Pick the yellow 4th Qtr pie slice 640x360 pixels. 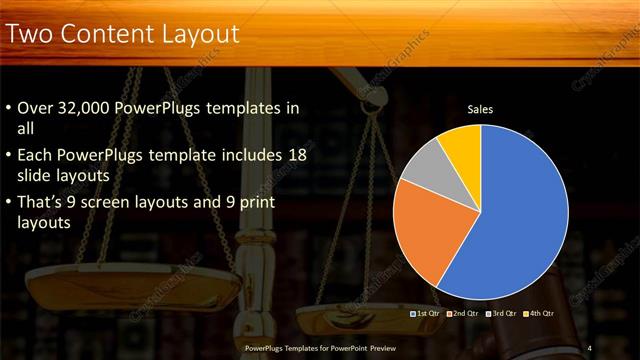[x=462, y=143]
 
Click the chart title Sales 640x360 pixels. [x=481, y=110]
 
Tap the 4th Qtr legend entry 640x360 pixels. [x=538, y=313]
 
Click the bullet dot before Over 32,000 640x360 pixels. [x=10, y=108]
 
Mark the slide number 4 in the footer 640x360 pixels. [x=590, y=347]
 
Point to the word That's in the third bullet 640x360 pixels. [x=40, y=203]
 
